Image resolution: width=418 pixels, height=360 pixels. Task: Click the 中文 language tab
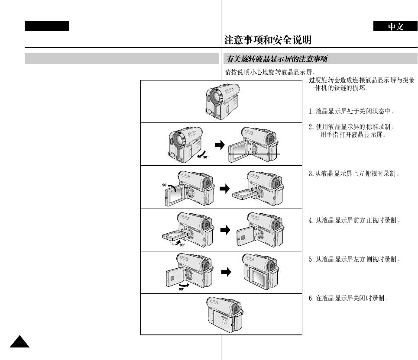[x=395, y=27]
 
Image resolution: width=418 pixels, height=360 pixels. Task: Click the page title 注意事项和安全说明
[x=268, y=40]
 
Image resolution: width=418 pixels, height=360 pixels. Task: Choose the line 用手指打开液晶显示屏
[x=353, y=135]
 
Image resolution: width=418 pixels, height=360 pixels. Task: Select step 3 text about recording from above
[x=353, y=174]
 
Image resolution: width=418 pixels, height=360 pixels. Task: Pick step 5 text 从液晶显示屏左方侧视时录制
[x=353, y=260]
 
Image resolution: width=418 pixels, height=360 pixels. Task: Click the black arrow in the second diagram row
[x=220, y=145]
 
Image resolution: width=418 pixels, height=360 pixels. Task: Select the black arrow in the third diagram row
[x=225, y=190]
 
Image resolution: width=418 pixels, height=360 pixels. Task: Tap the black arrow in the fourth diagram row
[x=225, y=231]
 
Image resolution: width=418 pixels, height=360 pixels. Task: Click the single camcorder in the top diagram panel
[x=221, y=102]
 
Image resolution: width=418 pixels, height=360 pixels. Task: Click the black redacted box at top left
[x=47, y=26]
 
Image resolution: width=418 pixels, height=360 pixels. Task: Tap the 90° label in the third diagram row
[x=165, y=185]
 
